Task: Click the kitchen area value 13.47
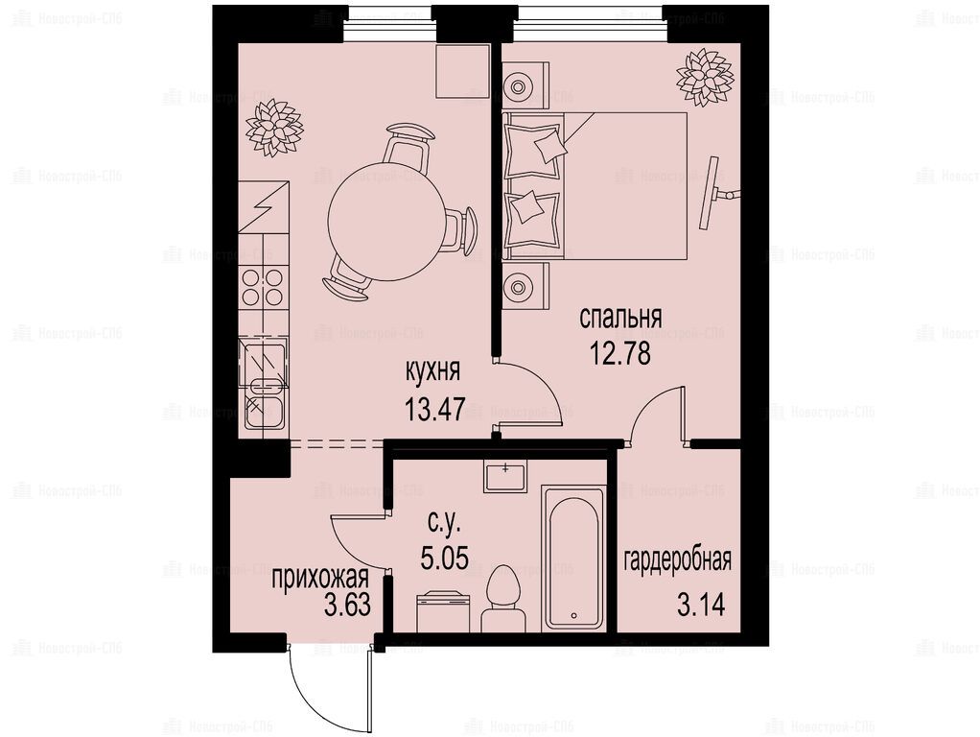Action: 435,410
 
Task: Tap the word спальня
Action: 620,319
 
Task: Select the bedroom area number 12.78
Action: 620,353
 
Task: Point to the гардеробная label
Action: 678,559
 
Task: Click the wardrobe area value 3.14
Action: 701,605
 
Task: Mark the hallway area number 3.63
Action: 347,605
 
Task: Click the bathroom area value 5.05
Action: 444,557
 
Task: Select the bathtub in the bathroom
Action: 573,559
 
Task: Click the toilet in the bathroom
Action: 503,599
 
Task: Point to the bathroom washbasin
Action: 505,475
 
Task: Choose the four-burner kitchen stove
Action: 263,287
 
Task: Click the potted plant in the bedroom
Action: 704,77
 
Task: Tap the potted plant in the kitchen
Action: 273,129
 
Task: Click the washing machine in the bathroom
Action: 442,612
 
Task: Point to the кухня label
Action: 433,372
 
